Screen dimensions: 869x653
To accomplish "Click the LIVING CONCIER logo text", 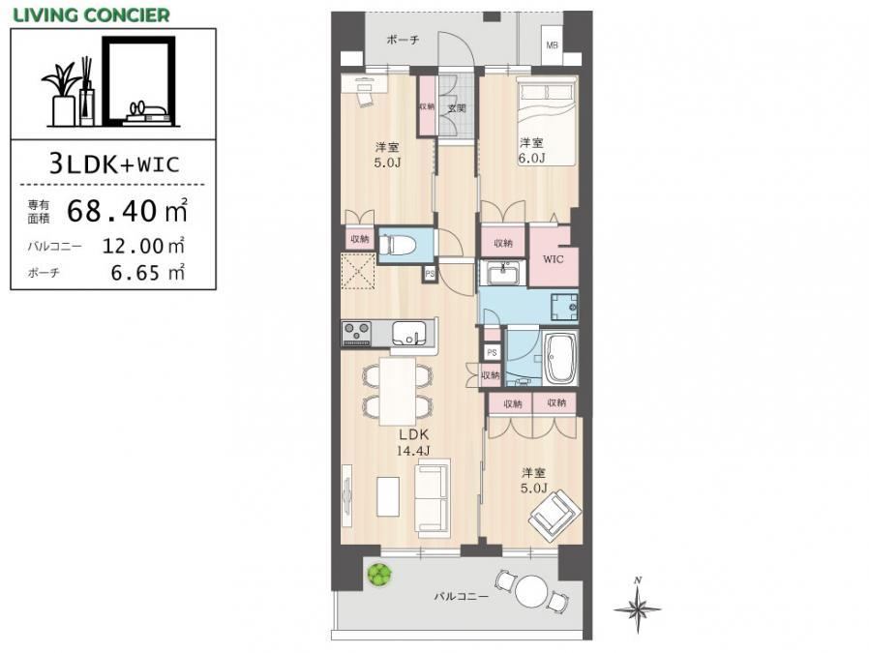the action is point(91,15).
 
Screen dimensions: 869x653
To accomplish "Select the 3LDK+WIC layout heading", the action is point(114,163).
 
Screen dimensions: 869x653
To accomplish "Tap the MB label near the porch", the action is point(552,45).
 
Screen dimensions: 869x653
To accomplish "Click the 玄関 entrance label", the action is point(457,108).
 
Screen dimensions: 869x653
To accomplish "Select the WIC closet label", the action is point(553,259).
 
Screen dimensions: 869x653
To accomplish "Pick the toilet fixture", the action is point(395,243).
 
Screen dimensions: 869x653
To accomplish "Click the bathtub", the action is point(561,358).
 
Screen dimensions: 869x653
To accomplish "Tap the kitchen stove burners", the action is point(356,334).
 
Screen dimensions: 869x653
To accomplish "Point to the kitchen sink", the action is point(410,334).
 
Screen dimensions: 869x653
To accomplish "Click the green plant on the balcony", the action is point(379,575).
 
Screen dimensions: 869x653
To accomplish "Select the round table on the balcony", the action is point(531,592).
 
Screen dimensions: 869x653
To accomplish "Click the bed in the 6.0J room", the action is point(547,121).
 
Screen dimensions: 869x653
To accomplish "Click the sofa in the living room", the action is point(433,497).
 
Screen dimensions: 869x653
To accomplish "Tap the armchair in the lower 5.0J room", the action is point(554,513).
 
